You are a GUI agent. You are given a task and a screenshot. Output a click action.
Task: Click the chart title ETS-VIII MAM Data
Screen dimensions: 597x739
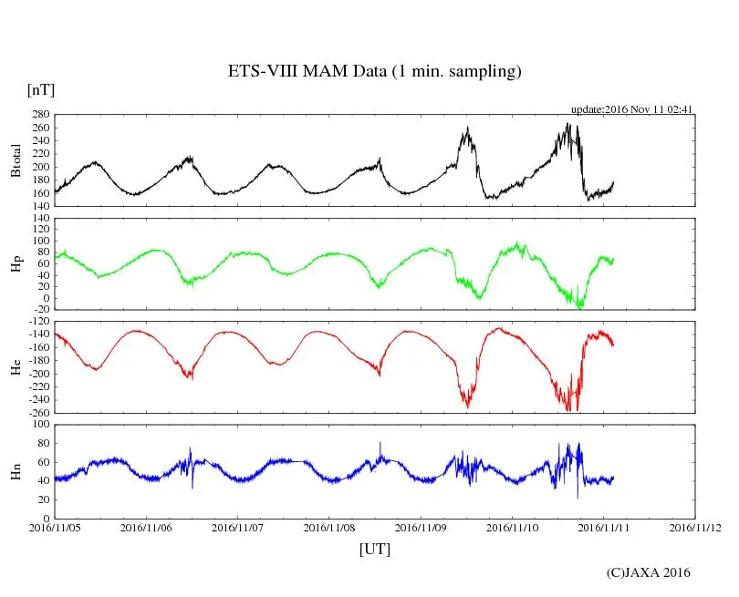tap(374, 72)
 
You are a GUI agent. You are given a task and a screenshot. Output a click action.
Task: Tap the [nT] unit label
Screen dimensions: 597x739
tap(41, 90)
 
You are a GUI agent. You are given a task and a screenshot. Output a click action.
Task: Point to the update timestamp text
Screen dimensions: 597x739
tap(632, 108)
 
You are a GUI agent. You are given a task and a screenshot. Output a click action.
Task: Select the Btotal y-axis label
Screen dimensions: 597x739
tap(16, 160)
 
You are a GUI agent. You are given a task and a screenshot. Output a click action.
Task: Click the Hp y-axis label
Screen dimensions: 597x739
tap(16, 263)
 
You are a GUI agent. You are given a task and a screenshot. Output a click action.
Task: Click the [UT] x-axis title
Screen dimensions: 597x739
tap(374, 549)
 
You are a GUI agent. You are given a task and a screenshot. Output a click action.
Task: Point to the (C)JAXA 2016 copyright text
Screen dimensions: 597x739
tap(649, 572)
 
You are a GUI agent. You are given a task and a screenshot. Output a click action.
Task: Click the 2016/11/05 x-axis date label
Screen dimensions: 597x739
tap(55, 527)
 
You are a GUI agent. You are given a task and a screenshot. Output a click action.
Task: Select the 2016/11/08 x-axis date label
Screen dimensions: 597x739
tap(329, 527)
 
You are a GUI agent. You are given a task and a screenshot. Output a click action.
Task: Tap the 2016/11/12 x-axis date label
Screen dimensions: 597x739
tap(695, 527)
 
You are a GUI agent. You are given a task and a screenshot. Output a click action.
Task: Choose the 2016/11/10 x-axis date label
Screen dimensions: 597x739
tap(513, 527)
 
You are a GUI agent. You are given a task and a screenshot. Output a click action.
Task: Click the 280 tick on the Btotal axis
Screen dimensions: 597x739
tap(40, 115)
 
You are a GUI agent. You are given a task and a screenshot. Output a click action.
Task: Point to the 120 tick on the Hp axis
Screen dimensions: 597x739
tap(40, 219)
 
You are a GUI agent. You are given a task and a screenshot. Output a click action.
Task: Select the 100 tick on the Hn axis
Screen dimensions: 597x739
tap(40, 425)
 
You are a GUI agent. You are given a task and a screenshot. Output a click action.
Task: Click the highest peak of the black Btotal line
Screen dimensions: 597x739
tap(567, 124)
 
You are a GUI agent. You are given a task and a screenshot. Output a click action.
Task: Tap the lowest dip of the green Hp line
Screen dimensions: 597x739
tap(578, 308)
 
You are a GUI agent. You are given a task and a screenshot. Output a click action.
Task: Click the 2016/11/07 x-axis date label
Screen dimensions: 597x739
tap(238, 527)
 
